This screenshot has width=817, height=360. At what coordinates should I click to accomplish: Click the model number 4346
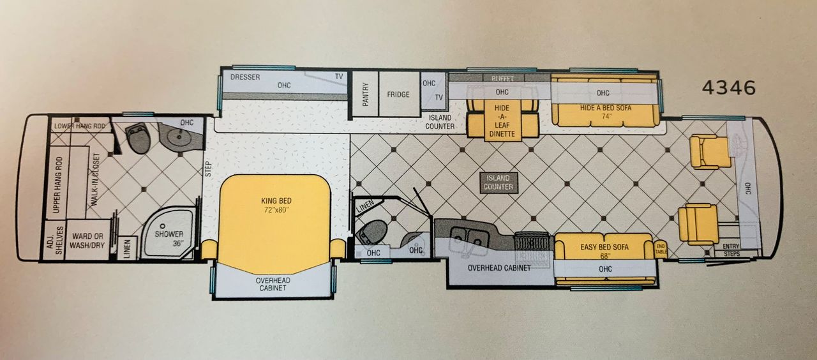pyautogui.click(x=729, y=88)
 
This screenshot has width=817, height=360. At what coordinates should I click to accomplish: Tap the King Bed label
pyautogui.click(x=276, y=200)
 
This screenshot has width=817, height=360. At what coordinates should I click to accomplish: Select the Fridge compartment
pyautogui.click(x=399, y=94)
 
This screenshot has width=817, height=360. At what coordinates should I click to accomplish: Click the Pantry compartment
pyautogui.click(x=366, y=94)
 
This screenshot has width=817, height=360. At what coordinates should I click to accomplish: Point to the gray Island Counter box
pyautogui.click(x=498, y=183)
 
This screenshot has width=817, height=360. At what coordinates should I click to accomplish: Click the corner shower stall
pyautogui.click(x=168, y=233)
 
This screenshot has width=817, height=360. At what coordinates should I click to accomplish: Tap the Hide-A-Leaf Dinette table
pyautogui.click(x=502, y=121)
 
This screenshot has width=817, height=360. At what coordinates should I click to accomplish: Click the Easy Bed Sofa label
pyautogui.click(x=604, y=247)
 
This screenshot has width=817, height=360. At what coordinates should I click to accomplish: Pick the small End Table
pyautogui.click(x=661, y=248)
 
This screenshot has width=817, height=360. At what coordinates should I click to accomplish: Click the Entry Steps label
pyautogui.click(x=731, y=250)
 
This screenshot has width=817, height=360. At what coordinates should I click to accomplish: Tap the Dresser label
pyautogui.click(x=245, y=77)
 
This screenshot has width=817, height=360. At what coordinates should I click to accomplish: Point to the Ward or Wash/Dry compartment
pyautogui.click(x=88, y=240)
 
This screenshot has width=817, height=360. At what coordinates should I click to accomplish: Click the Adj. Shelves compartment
pyautogui.click(x=54, y=240)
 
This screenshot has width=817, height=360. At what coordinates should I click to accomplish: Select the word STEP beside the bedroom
pyautogui.click(x=208, y=169)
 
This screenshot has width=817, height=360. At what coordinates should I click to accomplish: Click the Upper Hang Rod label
pyautogui.click(x=57, y=184)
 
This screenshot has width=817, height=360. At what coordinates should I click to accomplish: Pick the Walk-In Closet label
pyautogui.click(x=96, y=179)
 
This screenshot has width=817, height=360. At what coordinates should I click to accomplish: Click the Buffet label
pyautogui.click(x=502, y=79)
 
